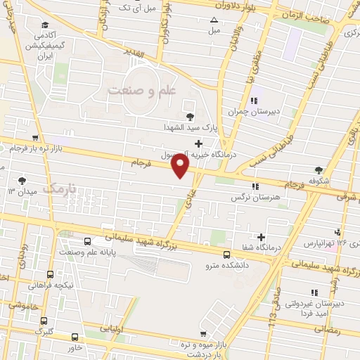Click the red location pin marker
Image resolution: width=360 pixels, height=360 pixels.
click(181, 166)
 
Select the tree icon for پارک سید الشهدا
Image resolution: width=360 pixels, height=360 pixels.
click(188, 117)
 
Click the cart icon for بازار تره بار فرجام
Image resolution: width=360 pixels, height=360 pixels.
click(35, 139)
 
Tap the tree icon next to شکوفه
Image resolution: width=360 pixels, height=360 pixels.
click(319, 169)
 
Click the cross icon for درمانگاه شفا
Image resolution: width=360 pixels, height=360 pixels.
click(262, 237)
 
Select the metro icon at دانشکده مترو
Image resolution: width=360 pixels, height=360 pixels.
click(226, 255)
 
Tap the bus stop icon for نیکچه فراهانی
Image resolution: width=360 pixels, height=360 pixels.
click(50, 275)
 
